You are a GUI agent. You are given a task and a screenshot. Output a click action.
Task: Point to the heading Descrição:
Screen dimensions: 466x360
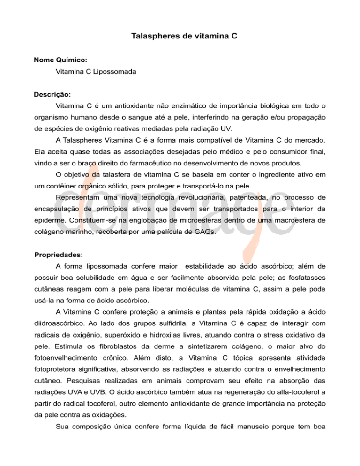52,94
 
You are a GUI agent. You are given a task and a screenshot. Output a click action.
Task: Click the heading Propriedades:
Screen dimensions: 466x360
59,255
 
